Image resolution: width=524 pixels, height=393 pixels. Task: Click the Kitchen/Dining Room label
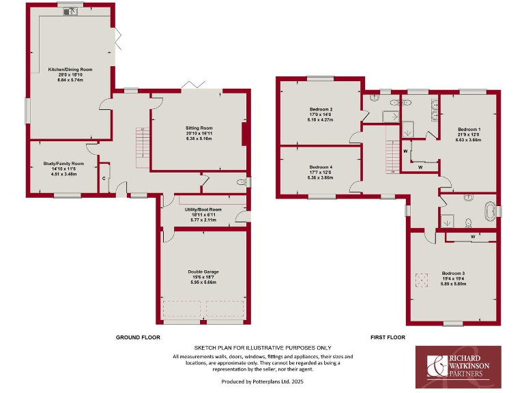[x=70, y=70]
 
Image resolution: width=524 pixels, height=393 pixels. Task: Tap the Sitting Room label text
[x=199, y=128]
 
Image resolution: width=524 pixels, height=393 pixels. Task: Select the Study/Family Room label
[x=63, y=164]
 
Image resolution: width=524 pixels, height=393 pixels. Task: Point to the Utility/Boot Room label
[x=203, y=209]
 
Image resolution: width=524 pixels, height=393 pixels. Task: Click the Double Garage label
[x=203, y=272]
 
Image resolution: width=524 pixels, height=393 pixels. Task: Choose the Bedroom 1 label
[x=469, y=129]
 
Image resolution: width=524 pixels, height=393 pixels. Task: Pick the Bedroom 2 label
[x=321, y=109]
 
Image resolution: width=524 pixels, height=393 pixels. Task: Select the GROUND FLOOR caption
[x=137, y=337]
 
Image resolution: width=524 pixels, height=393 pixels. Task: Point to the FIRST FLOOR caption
[x=388, y=337]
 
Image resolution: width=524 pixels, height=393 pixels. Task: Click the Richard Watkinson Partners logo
[x=458, y=366]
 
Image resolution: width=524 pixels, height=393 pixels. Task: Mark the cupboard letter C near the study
[x=104, y=178]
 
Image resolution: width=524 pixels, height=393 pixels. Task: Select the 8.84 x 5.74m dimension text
[x=70, y=81]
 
